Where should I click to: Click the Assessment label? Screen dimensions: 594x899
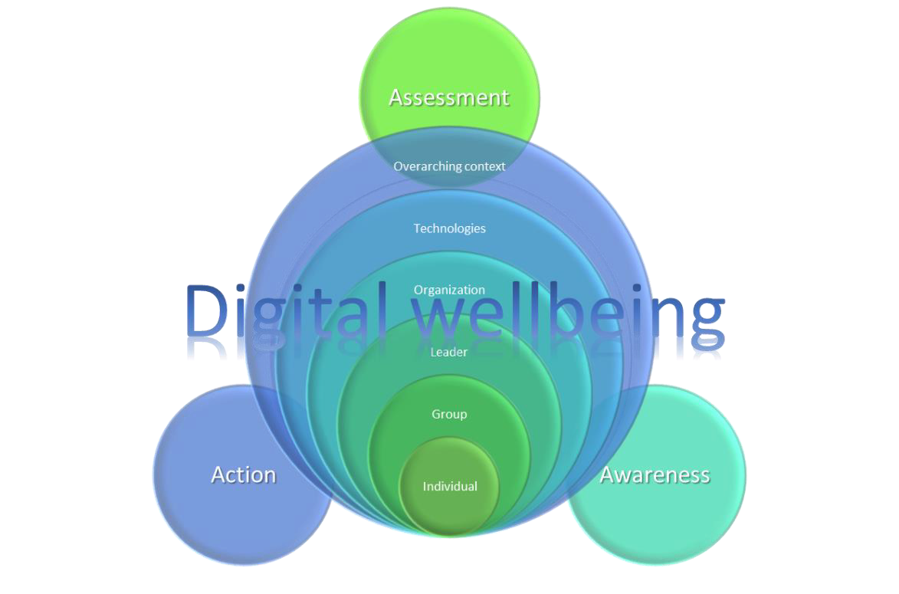pos(448,97)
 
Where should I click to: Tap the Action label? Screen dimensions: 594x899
pos(243,474)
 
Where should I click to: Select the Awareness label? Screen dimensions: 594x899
pos(655,474)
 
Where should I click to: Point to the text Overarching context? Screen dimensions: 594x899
pos(449,166)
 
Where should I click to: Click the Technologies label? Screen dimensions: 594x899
pos(449,228)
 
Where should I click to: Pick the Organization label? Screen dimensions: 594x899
pos(449,290)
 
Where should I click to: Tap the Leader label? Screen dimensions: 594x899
pos(449,352)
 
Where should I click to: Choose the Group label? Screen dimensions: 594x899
pos(449,414)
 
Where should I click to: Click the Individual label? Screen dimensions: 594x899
pos(450,487)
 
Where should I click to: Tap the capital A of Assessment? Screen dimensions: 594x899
pos(396,97)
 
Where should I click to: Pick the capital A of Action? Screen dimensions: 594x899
pos(219,474)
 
